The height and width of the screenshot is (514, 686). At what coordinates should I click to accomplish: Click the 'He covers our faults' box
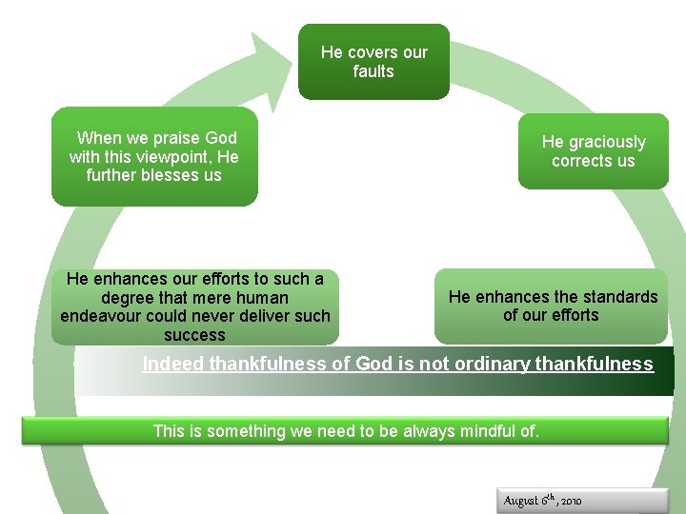click(x=373, y=62)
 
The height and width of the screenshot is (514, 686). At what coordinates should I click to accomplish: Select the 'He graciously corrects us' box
click(x=593, y=151)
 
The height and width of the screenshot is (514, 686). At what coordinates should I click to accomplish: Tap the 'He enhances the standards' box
click(x=551, y=306)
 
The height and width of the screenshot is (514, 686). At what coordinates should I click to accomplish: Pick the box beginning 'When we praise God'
click(x=154, y=156)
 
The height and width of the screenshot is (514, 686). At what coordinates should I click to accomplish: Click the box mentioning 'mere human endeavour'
click(x=195, y=306)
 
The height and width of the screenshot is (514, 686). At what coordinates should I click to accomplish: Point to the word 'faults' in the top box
click(x=373, y=71)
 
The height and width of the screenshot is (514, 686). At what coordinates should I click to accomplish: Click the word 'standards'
click(x=611, y=297)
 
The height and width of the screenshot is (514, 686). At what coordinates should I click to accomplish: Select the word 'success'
click(x=194, y=335)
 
